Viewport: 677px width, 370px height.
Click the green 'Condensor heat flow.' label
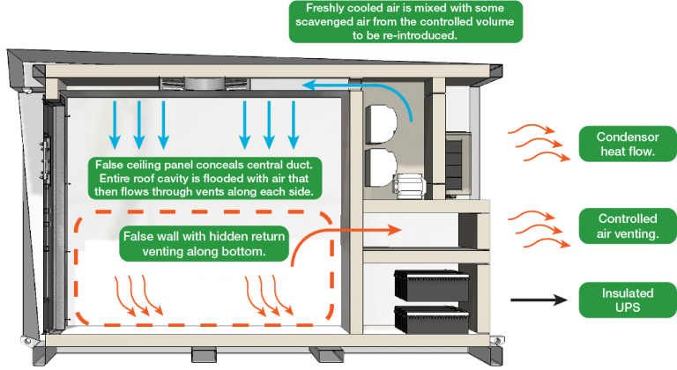point(628,144)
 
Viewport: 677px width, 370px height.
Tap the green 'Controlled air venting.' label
point(628,226)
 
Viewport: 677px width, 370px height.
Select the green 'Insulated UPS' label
point(628,300)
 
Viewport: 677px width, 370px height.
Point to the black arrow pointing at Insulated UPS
point(539,300)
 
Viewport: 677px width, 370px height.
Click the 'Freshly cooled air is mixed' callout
point(405,22)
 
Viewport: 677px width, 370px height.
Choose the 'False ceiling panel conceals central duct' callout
point(205,178)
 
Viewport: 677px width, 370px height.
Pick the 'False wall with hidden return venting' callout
point(204,243)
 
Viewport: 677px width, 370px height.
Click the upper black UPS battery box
point(431,285)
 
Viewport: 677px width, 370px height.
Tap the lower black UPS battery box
point(431,320)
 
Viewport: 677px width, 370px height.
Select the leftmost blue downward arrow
point(115,125)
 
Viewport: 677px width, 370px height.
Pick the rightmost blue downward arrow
point(294,125)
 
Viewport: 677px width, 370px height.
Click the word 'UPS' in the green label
point(628,307)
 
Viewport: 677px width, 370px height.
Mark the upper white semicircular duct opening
point(381,124)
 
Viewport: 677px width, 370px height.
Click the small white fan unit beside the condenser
point(409,186)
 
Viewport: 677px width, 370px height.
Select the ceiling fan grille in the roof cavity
point(205,84)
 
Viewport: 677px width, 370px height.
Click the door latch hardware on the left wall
point(44,158)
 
